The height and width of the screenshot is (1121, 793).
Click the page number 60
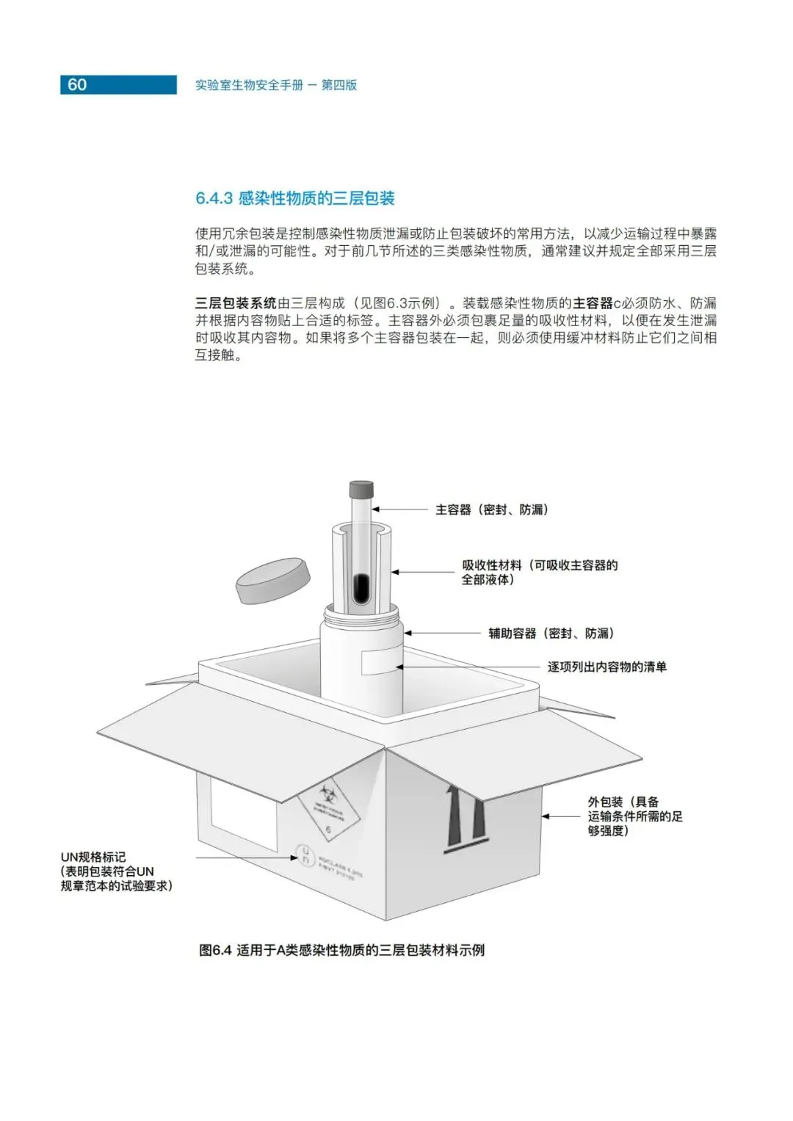77,84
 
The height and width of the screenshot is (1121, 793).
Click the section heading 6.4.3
294,198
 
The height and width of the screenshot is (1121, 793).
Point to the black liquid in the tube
361,587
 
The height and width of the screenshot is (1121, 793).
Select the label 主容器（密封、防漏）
491,509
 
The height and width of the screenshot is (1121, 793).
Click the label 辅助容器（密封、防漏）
551,633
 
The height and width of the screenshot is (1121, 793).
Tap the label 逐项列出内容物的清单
606,667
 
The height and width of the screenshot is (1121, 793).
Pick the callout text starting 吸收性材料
539,572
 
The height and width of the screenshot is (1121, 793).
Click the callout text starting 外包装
634,816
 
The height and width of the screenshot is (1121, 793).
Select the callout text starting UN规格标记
116,871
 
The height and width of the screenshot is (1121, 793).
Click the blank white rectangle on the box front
243,813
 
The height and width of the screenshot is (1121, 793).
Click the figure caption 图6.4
341,950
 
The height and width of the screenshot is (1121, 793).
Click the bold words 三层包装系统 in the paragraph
236,303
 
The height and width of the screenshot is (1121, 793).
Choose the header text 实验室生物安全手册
249,85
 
